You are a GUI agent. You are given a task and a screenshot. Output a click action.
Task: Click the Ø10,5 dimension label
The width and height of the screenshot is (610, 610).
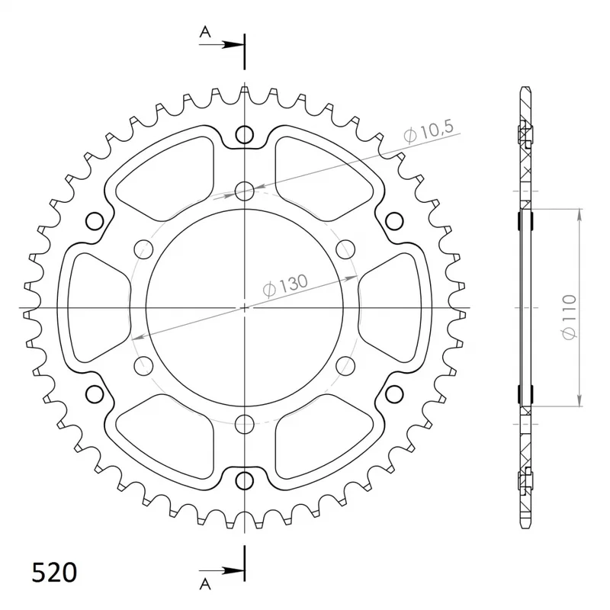coord(429,131)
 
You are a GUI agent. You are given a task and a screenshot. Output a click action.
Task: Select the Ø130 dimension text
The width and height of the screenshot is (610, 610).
coord(285,285)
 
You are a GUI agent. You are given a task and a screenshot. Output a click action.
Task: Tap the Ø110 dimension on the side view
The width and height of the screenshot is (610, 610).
coord(568,317)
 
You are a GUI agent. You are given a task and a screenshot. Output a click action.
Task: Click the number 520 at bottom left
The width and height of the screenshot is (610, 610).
coord(54,573)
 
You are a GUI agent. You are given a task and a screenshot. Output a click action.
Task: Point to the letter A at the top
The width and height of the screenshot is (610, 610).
coord(205,31)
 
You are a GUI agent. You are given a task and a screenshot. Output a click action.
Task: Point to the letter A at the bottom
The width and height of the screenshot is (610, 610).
coord(205,584)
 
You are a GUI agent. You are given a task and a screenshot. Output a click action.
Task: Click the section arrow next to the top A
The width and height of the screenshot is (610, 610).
coord(222,45)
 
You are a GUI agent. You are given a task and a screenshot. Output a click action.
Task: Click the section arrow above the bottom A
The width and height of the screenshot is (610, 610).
coord(222,570)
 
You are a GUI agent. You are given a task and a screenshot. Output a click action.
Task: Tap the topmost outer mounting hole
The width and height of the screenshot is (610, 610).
coord(244,135)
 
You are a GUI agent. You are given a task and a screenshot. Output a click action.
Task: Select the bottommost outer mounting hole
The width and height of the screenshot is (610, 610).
coord(244,480)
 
